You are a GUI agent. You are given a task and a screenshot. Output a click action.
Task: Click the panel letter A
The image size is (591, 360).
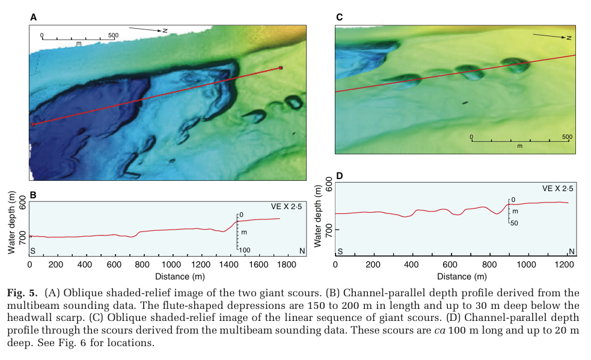[33, 18]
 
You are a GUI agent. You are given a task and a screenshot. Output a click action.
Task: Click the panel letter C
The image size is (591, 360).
[339, 18]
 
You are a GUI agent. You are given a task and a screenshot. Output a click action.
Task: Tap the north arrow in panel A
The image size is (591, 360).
[147, 29]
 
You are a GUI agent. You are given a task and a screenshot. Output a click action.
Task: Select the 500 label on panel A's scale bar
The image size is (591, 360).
[113, 35]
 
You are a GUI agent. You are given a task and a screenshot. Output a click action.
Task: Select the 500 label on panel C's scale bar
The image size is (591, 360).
[566, 136]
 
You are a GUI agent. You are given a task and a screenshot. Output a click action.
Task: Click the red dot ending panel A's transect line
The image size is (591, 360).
[280, 68]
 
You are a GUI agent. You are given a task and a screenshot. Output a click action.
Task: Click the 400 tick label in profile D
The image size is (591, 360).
[411, 264]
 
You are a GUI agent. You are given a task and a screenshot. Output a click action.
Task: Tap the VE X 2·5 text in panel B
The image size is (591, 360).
[286, 206]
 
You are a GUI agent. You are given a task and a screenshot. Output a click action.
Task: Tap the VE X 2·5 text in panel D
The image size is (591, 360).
[557, 189]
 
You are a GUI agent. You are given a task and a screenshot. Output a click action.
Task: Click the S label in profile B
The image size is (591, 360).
[33, 249]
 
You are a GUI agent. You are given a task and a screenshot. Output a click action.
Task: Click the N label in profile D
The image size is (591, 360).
[571, 251]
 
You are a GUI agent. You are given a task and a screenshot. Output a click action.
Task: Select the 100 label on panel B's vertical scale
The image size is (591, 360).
[245, 249]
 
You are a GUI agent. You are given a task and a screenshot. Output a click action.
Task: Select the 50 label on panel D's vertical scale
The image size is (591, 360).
[514, 223]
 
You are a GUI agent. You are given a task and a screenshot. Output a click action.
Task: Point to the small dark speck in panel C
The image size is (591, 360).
[464, 103]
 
